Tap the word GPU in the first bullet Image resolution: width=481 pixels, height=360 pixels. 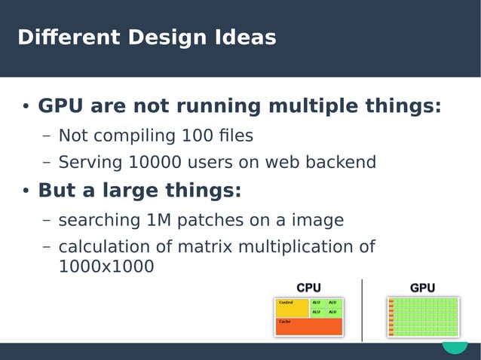[x=60, y=106]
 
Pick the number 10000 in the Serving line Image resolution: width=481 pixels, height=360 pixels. [x=153, y=163]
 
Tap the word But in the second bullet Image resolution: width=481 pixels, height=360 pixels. [x=57, y=191]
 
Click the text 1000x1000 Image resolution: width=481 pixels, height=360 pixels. [x=106, y=266]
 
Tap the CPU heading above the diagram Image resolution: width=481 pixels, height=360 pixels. [x=308, y=288]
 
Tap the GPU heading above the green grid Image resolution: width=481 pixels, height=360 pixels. [x=422, y=288]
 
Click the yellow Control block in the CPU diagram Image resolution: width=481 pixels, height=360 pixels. [x=292, y=307]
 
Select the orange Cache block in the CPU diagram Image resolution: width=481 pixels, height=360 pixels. [x=309, y=326]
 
